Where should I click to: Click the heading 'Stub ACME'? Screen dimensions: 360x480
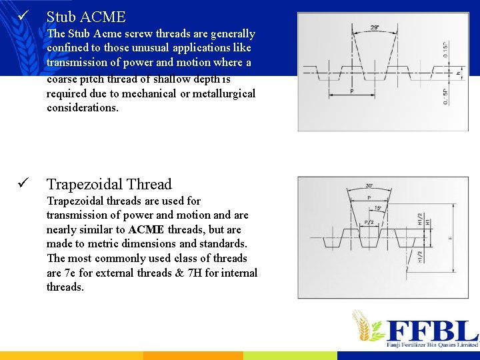coord(85,17)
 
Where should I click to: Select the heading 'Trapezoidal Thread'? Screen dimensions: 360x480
coord(109,185)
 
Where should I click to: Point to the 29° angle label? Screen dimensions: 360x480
coord(375,28)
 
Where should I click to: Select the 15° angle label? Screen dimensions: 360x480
coord(377,208)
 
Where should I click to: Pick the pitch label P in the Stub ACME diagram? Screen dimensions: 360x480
coord(352,91)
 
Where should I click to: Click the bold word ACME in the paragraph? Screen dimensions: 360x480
coord(144,229)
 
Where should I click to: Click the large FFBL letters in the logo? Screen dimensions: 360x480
coord(433,331)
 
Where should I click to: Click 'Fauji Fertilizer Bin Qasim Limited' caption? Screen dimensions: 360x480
coord(433,345)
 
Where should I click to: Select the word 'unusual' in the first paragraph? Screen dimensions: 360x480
coord(134,48)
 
